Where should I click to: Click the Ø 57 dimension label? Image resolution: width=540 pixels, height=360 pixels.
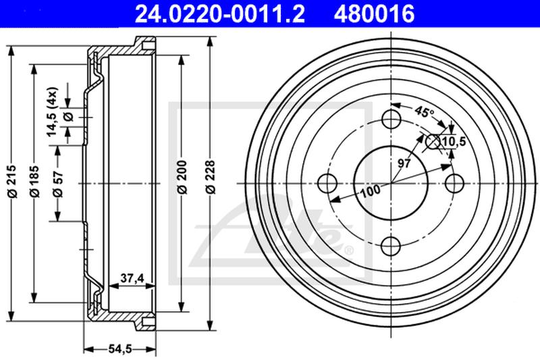tap(59, 182)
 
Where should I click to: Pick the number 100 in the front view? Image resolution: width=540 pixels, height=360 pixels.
tap(369, 191)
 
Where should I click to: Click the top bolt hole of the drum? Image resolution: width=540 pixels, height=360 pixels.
tap(391, 120)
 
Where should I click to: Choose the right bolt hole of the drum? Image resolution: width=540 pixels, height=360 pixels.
tap(454, 182)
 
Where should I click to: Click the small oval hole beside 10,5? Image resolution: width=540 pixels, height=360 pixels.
tap(433, 140)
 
